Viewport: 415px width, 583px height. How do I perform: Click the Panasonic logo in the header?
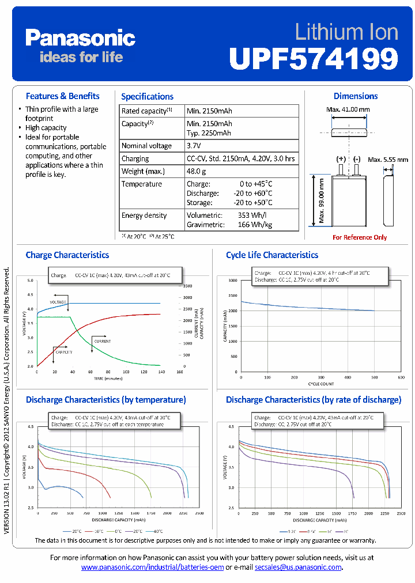tap(80, 38)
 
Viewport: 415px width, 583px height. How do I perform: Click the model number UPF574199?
tap(314, 58)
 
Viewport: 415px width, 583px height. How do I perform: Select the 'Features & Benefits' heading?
tap(62, 96)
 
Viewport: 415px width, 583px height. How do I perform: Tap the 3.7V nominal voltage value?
tap(195, 146)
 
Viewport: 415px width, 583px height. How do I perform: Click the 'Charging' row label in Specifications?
tap(135, 158)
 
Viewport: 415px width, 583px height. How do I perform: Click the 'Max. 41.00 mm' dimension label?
tap(348, 109)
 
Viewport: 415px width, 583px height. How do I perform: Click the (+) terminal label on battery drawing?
tap(341, 158)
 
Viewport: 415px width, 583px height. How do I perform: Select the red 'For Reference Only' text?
tap(360, 237)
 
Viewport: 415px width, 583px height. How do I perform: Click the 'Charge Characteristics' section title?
tap(67, 255)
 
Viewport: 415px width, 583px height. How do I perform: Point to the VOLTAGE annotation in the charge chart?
tap(58, 302)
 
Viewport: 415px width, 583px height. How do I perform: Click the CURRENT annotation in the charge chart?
tap(102, 342)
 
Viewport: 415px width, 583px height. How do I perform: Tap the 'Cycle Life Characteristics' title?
tap(271, 255)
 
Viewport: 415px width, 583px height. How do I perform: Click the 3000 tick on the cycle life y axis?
tap(232, 281)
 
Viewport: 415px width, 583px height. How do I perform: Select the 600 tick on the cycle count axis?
tap(401, 377)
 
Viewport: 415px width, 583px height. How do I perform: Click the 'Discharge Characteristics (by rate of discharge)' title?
tap(313, 399)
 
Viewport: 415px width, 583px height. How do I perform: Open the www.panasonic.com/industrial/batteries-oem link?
tap(152, 567)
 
